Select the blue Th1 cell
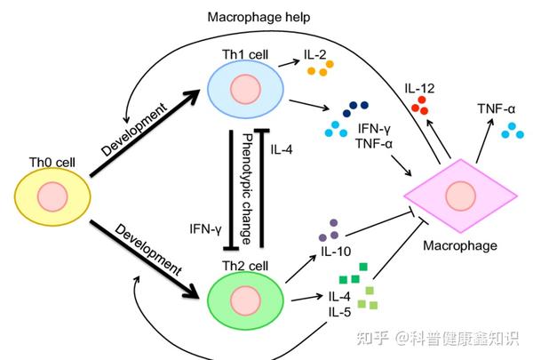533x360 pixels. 243,92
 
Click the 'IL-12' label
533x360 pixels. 420,88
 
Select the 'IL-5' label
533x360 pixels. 338,313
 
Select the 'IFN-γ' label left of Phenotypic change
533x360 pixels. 205,228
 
